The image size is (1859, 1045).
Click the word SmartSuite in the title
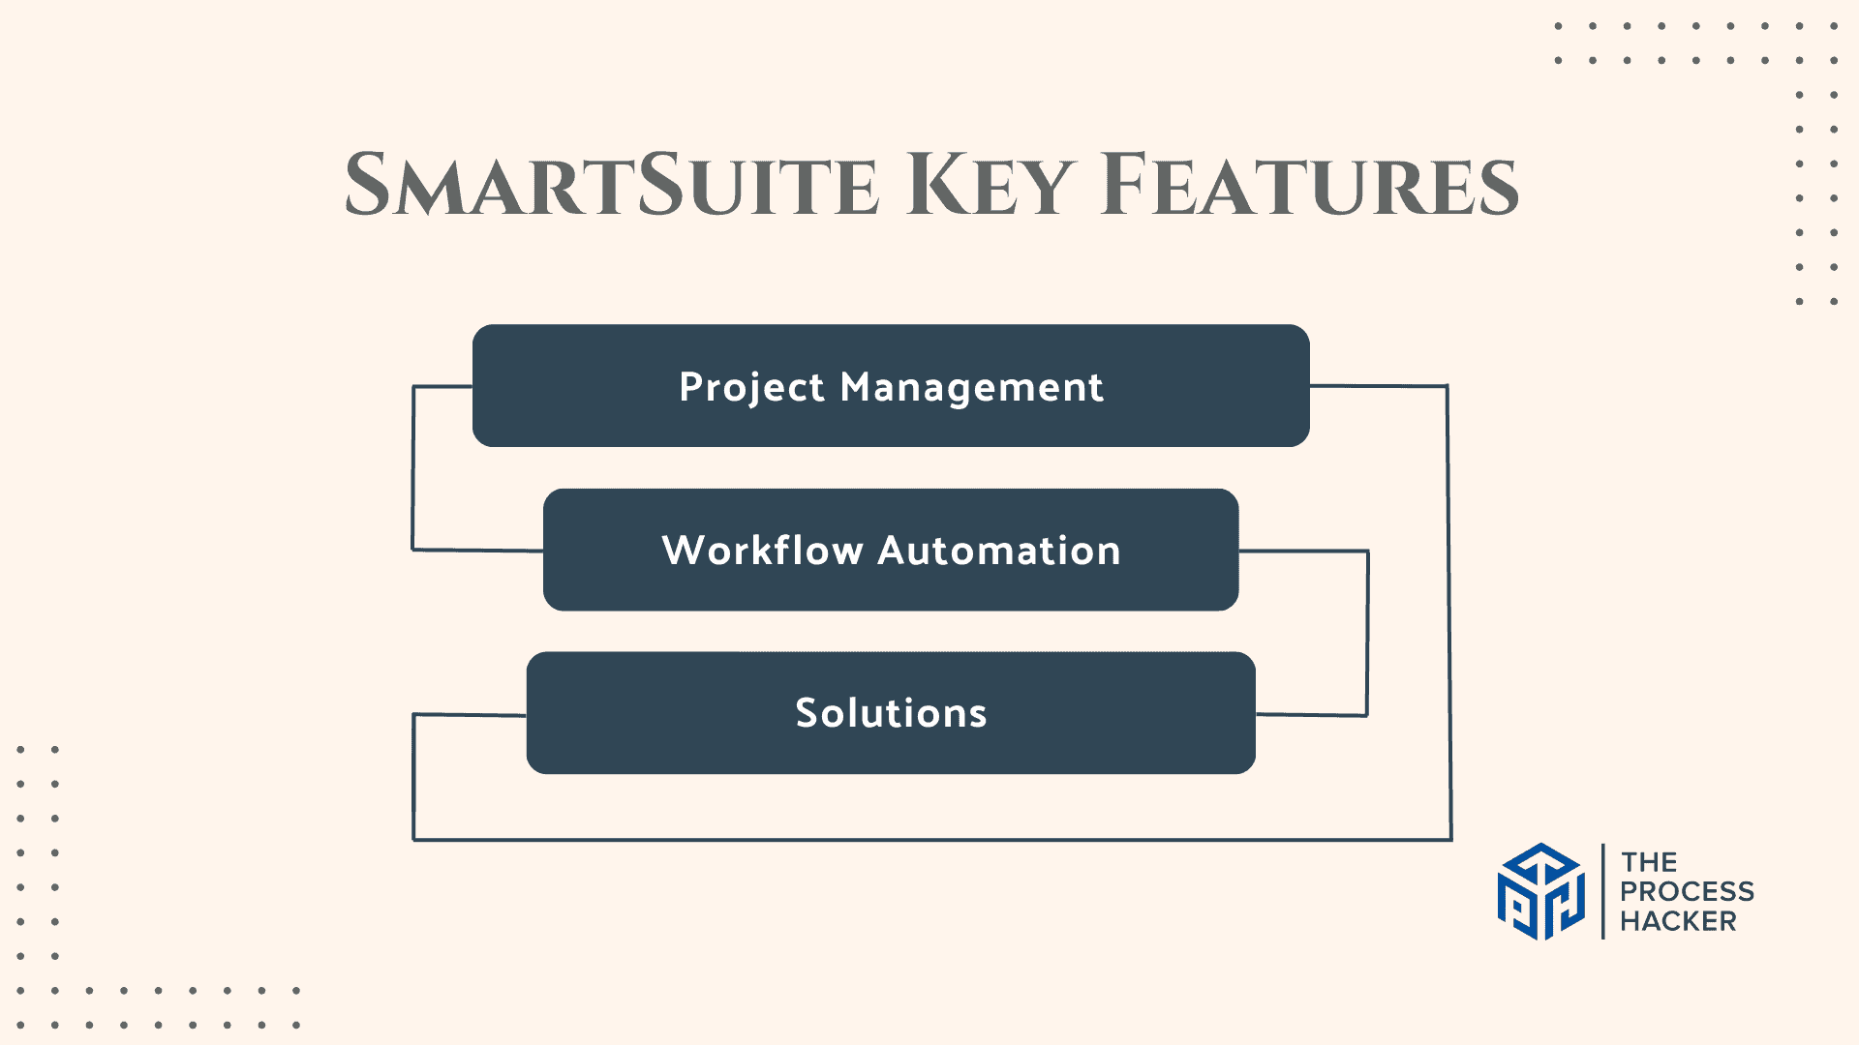(x=612, y=186)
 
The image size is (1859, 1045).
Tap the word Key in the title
(x=990, y=186)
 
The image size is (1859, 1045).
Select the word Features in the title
(x=1309, y=186)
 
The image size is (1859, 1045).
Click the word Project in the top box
(x=751, y=388)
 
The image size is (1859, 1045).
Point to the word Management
(x=971, y=388)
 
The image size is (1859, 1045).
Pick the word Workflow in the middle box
(x=762, y=551)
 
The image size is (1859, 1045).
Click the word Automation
(x=999, y=551)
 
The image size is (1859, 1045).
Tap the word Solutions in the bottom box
(x=891, y=713)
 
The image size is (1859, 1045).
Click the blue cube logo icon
(x=1540, y=891)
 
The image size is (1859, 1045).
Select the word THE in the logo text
(x=1650, y=862)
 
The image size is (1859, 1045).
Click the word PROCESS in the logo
(x=1687, y=891)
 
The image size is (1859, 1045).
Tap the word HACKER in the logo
(x=1678, y=921)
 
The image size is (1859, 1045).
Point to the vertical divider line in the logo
(x=1603, y=891)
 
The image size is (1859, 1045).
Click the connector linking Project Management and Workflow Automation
(x=413, y=468)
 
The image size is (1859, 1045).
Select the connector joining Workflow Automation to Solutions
(x=1367, y=633)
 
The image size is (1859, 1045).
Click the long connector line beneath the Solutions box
(x=929, y=839)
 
